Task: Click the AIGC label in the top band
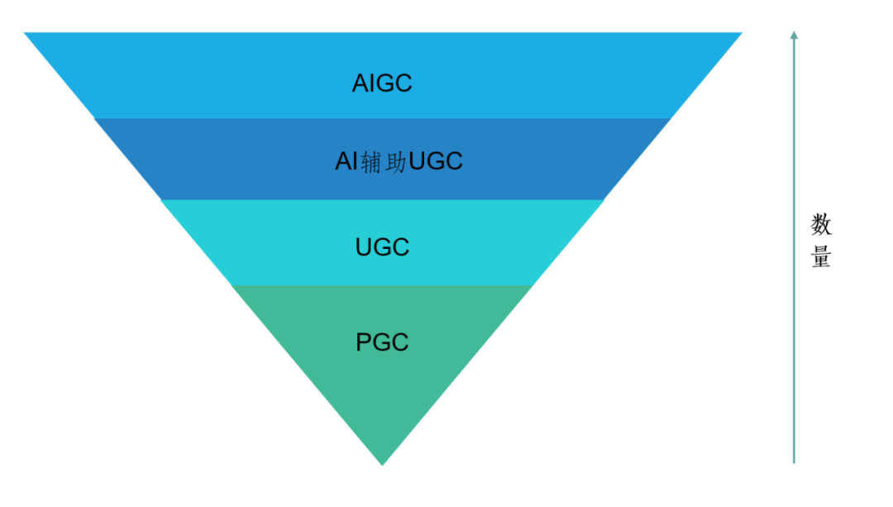(382, 84)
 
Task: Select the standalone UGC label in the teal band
(382, 247)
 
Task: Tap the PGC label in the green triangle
(382, 342)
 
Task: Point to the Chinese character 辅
(371, 162)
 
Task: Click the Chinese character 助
(396, 162)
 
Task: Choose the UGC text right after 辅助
(436, 162)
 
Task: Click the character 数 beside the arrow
(820, 224)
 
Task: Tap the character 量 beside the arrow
(820, 256)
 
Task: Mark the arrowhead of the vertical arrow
(794, 35)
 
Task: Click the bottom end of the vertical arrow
(794, 462)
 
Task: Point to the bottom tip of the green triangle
(382, 464)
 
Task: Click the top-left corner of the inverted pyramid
(26, 34)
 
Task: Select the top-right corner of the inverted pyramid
(741, 34)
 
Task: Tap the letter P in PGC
(363, 342)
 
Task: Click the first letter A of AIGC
(360, 84)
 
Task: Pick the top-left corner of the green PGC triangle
(232, 286)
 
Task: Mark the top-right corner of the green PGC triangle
(530, 286)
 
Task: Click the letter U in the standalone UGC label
(364, 247)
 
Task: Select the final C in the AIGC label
(403, 84)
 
